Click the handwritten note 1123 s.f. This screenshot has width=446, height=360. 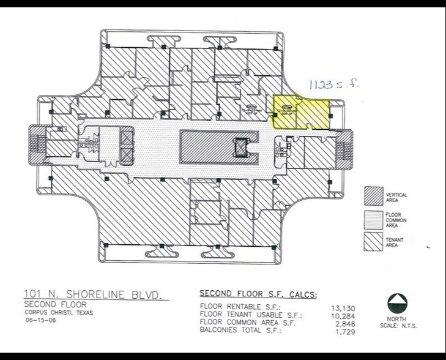click(x=332, y=84)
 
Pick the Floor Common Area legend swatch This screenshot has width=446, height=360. click(x=374, y=218)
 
